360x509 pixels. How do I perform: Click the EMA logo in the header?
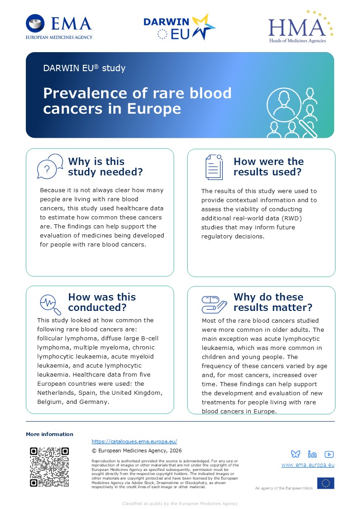(x=59, y=27)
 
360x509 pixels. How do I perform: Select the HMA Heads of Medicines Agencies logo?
(x=301, y=27)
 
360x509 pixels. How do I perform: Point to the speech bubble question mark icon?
(x=50, y=166)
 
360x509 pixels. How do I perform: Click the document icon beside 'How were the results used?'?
(x=214, y=167)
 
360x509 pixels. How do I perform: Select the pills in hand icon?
(x=214, y=305)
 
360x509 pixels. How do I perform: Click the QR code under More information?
(x=49, y=467)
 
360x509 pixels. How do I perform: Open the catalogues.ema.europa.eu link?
(x=134, y=441)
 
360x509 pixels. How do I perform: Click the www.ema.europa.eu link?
(x=308, y=465)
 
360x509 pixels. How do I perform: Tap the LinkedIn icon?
(x=312, y=454)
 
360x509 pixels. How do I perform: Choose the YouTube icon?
(x=329, y=454)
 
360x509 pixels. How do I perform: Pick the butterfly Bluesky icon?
(x=296, y=454)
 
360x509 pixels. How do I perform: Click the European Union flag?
(x=326, y=483)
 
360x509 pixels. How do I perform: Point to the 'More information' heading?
(x=50, y=434)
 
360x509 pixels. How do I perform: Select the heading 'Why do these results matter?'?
(x=272, y=302)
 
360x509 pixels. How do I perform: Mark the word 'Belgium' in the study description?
(x=50, y=402)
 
